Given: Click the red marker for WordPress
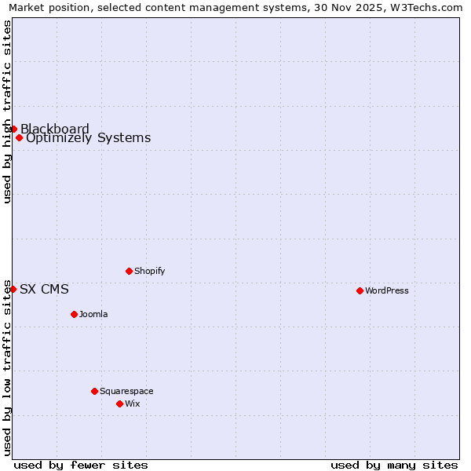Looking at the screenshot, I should [360, 290].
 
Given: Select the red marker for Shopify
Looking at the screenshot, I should [129, 271].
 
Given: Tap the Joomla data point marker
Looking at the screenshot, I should [74, 314].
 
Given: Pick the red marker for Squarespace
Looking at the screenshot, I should [94, 391].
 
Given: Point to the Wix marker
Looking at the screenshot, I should [119, 403].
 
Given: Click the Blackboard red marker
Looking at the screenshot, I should [13, 129].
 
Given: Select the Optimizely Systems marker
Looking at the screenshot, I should [19, 138].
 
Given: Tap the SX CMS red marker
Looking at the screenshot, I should [13, 289].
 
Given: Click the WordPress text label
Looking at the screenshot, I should [387, 290].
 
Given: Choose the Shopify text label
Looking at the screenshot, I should [149, 271].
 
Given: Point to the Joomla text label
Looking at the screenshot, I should [93, 314].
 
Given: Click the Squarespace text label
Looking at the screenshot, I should [126, 391].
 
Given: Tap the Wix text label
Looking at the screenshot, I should [132, 403].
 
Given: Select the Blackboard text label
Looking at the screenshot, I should [55, 129].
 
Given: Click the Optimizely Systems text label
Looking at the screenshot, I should [88, 138].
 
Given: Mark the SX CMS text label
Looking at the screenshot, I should [44, 289].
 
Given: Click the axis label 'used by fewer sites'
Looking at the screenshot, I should [81, 465].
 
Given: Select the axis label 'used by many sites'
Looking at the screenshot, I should [394, 465].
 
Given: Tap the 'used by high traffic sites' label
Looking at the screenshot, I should [7, 111].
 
